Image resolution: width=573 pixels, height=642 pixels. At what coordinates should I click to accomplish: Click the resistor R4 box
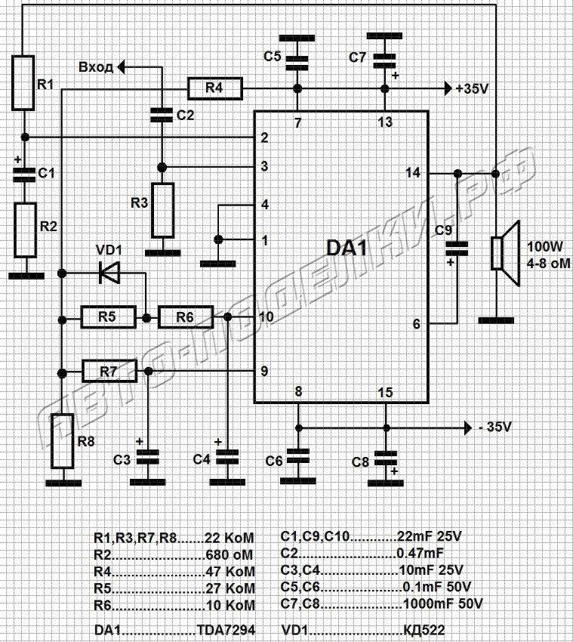pos(215,88)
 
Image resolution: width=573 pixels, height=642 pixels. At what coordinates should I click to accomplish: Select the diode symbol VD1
pos(109,273)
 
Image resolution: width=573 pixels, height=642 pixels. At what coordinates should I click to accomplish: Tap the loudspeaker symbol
pos(506,254)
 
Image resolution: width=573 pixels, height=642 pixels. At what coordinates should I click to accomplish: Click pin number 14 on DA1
pos(413,173)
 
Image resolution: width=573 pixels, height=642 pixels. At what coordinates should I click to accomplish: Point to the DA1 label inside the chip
pos(347,248)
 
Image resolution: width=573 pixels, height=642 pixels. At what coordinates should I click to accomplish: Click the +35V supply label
pos(472,88)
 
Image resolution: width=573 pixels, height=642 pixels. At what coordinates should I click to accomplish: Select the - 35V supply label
pos(494,427)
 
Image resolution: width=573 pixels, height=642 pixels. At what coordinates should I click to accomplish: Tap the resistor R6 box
pos(186,316)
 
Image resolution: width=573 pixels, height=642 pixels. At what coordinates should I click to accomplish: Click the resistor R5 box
pos(108,316)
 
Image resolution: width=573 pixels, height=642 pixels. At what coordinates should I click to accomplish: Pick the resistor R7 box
pos(109,372)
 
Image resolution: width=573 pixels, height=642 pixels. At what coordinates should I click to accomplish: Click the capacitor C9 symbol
pos(456,249)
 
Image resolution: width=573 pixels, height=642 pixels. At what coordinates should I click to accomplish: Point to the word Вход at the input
pos(96,67)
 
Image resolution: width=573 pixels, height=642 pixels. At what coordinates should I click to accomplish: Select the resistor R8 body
pos(63,441)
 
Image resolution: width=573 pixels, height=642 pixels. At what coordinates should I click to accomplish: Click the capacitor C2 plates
pos(162,115)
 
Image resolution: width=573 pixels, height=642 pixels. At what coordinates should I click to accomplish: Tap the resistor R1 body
pos(23,83)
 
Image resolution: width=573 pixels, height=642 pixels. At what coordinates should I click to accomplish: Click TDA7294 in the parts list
pos(226,629)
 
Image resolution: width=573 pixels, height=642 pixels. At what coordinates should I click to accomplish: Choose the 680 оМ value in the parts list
pos(230,555)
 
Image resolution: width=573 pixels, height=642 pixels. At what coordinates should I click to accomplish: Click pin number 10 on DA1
pos(266,316)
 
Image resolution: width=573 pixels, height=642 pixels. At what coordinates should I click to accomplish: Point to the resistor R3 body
pos(163,211)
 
